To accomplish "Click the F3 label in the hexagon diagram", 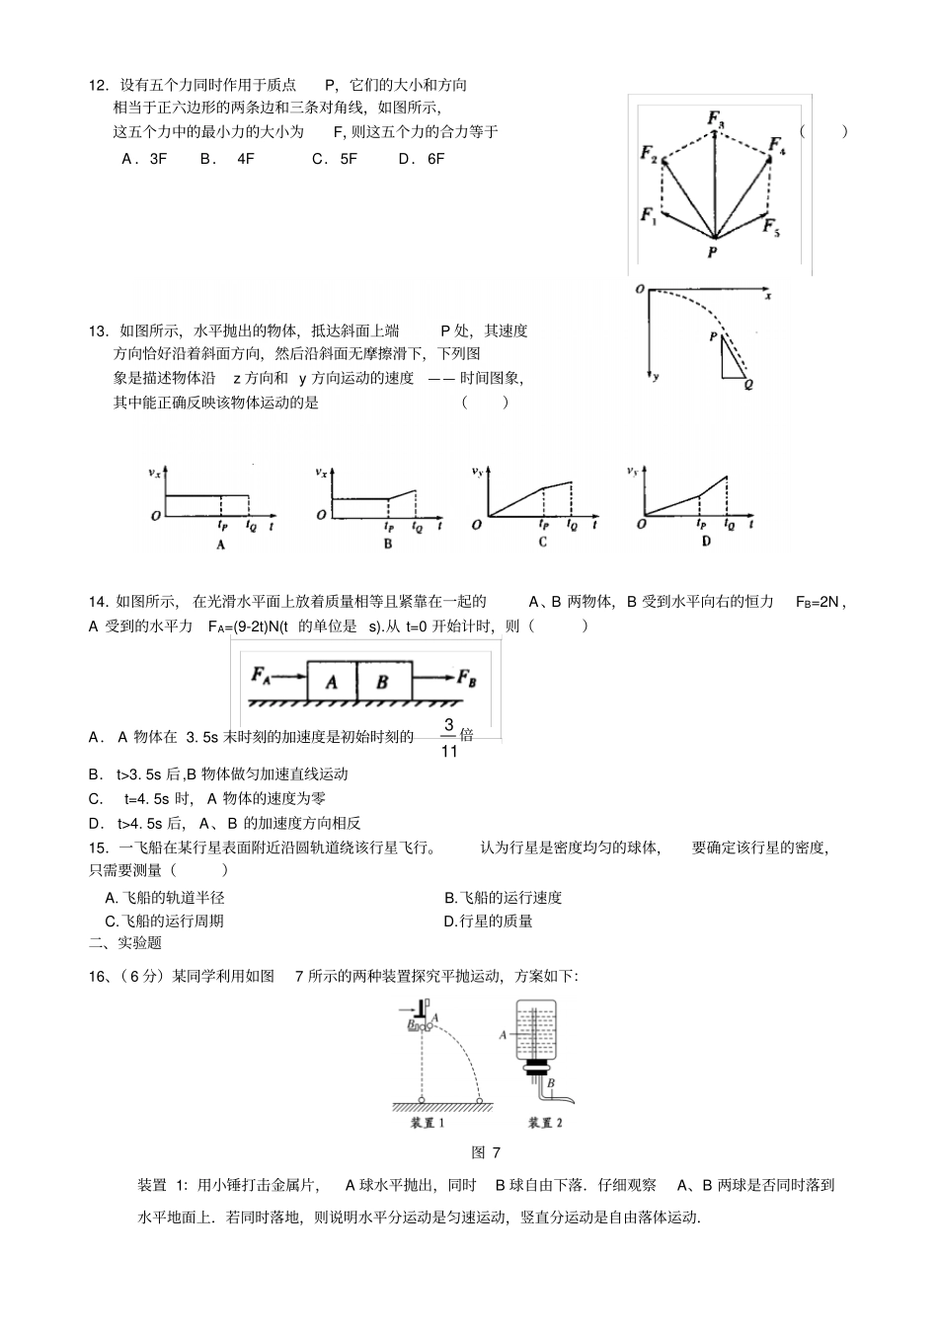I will coord(716,119).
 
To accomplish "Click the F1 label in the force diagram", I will coord(648,215).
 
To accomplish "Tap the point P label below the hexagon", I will coord(713,253).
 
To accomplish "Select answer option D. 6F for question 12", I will coord(422,158).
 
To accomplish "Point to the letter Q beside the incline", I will coord(749,385).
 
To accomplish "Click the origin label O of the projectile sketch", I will coord(640,288).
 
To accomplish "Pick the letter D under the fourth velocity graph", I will coord(705,542).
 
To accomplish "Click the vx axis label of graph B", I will coord(322,474).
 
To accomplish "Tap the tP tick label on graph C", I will coord(543,526).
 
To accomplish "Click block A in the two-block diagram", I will coord(332,682).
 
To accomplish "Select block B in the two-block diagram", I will coord(382,682).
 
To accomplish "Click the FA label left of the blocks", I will coord(262,675).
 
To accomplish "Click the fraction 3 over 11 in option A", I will coord(448,738).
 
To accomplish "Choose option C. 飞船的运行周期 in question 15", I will coord(165,921).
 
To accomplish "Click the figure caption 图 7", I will coord(487,1152).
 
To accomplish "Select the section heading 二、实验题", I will coord(125,943).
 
